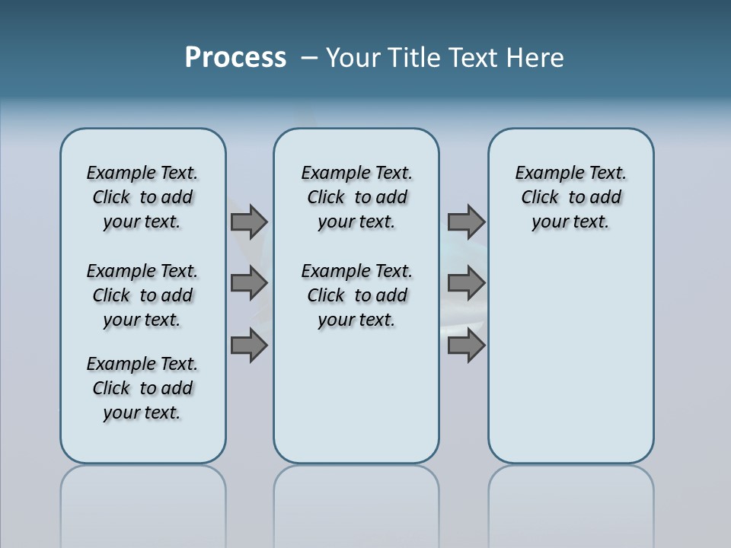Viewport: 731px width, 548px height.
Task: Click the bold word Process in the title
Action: [x=235, y=58]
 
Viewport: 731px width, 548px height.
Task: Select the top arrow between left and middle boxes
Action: [x=249, y=222]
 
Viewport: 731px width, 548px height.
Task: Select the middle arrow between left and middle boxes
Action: [x=249, y=284]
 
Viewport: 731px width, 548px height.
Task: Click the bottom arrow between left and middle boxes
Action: [x=249, y=346]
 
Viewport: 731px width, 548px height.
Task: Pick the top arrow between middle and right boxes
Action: [x=466, y=222]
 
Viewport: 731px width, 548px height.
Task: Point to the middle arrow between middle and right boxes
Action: [x=466, y=284]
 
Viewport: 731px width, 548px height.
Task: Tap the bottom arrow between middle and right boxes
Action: [x=466, y=346]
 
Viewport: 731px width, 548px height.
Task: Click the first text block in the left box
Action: [x=142, y=197]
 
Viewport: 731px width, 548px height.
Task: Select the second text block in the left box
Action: [x=142, y=295]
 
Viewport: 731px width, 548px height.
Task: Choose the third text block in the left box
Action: [x=142, y=388]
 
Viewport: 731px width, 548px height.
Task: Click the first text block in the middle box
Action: [x=356, y=197]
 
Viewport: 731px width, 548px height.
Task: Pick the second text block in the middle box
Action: [x=356, y=295]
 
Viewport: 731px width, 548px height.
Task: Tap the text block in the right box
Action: [x=571, y=197]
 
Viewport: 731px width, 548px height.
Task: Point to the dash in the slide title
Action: [x=309, y=58]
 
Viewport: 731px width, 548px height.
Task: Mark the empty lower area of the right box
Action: [x=571, y=358]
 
